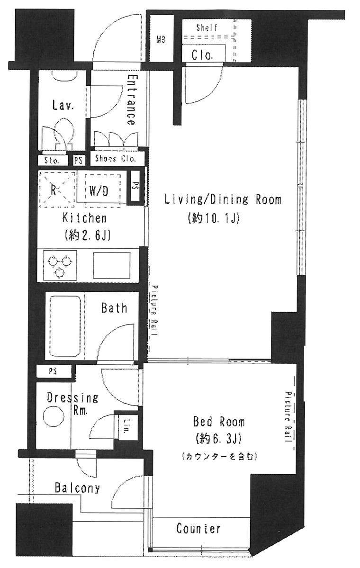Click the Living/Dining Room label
(222, 199)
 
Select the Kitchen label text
(84, 218)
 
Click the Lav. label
(63, 105)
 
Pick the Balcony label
(77, 488)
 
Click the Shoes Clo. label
(116, 158)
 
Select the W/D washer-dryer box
(99, 191)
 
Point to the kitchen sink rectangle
(112, 265)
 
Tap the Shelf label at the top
(207, 28)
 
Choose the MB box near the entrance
(161, 40)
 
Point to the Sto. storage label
(52, 160)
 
